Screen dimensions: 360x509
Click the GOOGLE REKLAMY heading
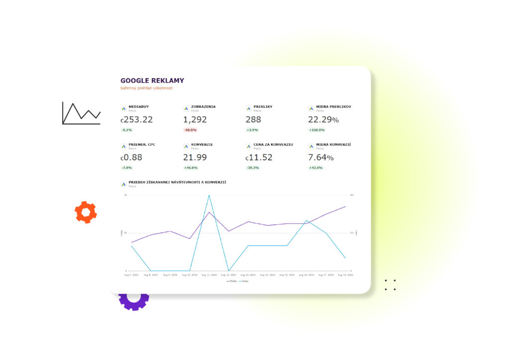152,81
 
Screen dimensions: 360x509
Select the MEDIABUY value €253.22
137,120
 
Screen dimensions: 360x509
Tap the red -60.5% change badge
190,130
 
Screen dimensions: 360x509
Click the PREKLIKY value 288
253,120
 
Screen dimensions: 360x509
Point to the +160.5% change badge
317,130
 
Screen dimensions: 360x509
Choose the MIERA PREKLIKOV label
334,106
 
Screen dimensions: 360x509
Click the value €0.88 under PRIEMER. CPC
131,158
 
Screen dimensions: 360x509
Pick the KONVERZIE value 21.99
195,158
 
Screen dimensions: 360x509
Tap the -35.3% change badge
253,168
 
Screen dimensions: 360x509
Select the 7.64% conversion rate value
321,158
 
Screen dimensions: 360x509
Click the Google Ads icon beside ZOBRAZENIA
186,108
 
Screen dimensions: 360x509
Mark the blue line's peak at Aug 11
209,195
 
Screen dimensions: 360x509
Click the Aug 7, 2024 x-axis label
131,274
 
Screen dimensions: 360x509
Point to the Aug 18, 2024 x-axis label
345,274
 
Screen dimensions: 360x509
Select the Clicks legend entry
232,281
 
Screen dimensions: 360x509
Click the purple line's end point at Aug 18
345,206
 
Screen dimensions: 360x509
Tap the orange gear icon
85,212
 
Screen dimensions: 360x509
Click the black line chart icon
81,113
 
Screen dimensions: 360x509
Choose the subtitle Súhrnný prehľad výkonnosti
147,88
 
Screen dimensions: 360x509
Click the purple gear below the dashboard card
133,301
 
